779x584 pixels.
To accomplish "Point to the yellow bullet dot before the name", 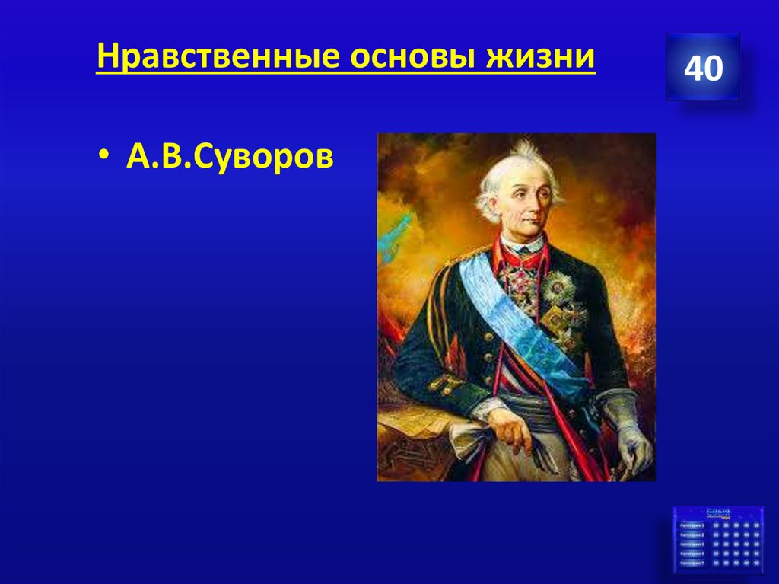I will click(103, 158).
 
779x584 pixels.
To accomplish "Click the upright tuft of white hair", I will click(524, 148).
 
